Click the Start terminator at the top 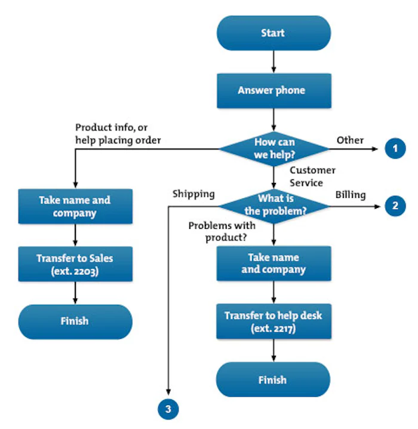click(x=273, y=33)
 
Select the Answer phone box click(x=273, y=91)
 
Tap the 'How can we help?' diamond click(x=273, y=148)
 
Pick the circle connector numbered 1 click(x=394, y=148)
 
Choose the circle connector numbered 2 click(x=394, y=206)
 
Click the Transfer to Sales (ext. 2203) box click(x=75, y=264)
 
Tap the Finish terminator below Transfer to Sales click(x=75, y=321)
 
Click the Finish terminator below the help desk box click(x=273, y=379)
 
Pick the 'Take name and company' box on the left click(x=75, y=206)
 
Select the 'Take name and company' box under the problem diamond click(x=273, y=263)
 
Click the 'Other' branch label click(x=350, y=140)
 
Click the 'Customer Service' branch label click(x=312, y=177)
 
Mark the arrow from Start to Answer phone click(x=273, y=61)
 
